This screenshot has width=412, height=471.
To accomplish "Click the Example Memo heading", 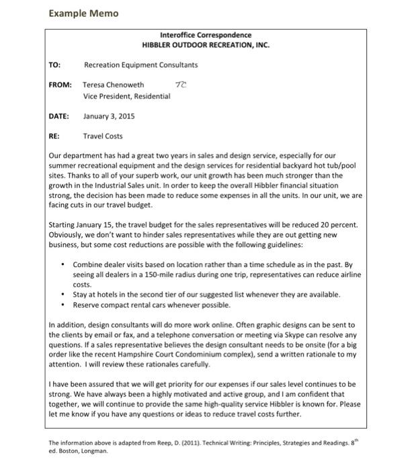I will [83, 13].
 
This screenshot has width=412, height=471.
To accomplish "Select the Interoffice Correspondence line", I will [206, 35].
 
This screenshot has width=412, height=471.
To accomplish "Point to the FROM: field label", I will [60, 85].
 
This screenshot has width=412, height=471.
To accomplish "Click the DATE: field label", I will [60, 116].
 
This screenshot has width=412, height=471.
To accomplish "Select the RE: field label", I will [54, 136].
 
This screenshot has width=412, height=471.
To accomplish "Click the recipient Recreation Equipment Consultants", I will [140, 65].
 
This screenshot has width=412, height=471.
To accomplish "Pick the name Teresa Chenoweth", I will [113, 85].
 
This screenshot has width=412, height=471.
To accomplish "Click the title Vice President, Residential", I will [126, 96].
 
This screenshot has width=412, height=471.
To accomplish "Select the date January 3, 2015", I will [108, 116].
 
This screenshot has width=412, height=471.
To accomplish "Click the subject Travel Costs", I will [104, 136].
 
